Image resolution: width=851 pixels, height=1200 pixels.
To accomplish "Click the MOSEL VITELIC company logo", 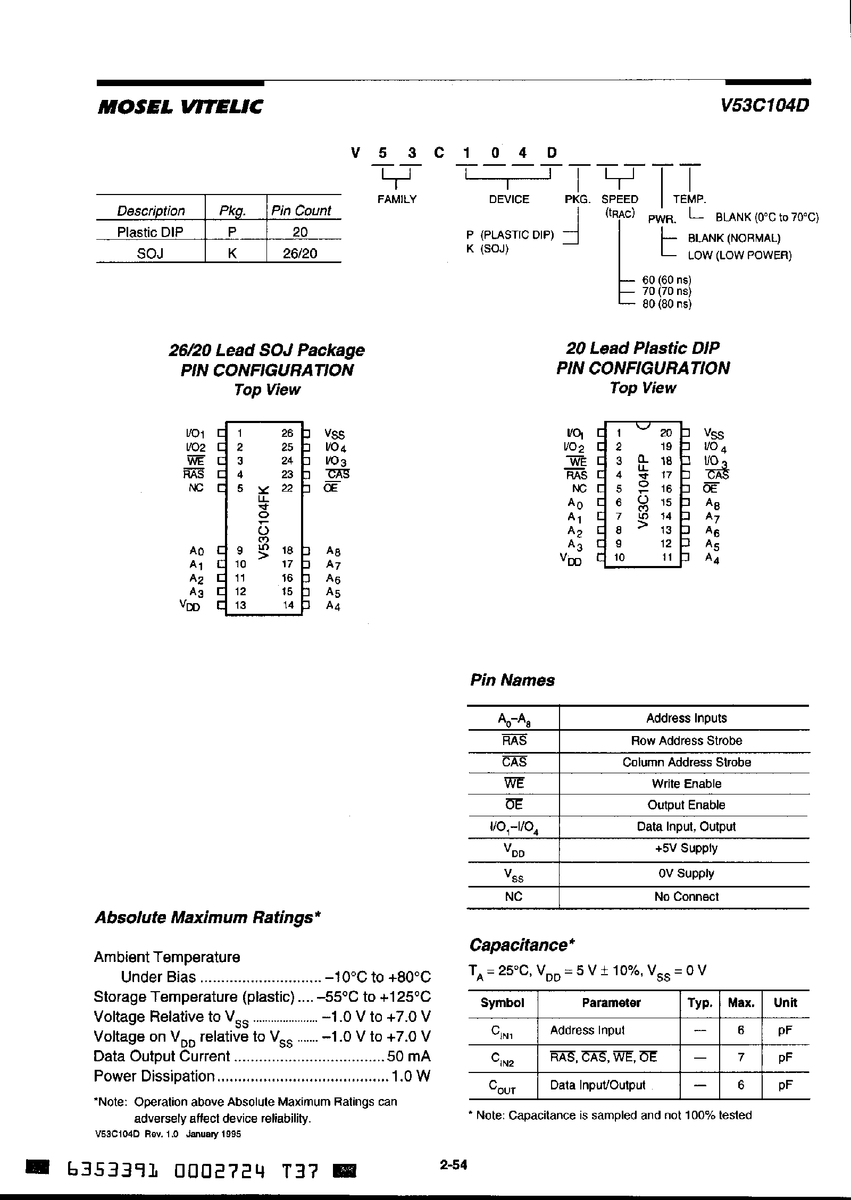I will (x=180, y=107).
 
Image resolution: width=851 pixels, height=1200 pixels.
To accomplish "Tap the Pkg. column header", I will (x=232, y=211).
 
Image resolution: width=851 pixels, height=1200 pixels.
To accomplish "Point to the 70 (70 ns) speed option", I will (x=666, y=291).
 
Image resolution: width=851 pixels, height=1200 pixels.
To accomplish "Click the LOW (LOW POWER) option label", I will (x=739, y=256).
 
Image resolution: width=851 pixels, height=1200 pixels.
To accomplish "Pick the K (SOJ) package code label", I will (x=487, y=249).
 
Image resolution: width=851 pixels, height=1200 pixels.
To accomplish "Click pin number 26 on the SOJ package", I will (x=287, y=433).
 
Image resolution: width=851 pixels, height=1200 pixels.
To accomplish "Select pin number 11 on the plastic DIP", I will (x=667, y=557).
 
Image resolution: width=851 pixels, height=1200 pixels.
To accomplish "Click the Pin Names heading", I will (x=512, y=680).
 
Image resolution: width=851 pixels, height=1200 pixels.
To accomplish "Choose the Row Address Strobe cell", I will (x=686, y=740).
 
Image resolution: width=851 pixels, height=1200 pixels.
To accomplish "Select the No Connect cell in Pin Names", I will (x=686, y=897).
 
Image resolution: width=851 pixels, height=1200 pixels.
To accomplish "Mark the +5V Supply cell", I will (x=686, y=848).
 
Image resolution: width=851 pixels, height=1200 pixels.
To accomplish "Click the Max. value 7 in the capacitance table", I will (x=740, y=1057).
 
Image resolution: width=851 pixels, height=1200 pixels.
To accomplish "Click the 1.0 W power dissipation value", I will (x=411, y=1076).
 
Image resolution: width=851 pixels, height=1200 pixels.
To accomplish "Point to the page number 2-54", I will (x=453, y=1165).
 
